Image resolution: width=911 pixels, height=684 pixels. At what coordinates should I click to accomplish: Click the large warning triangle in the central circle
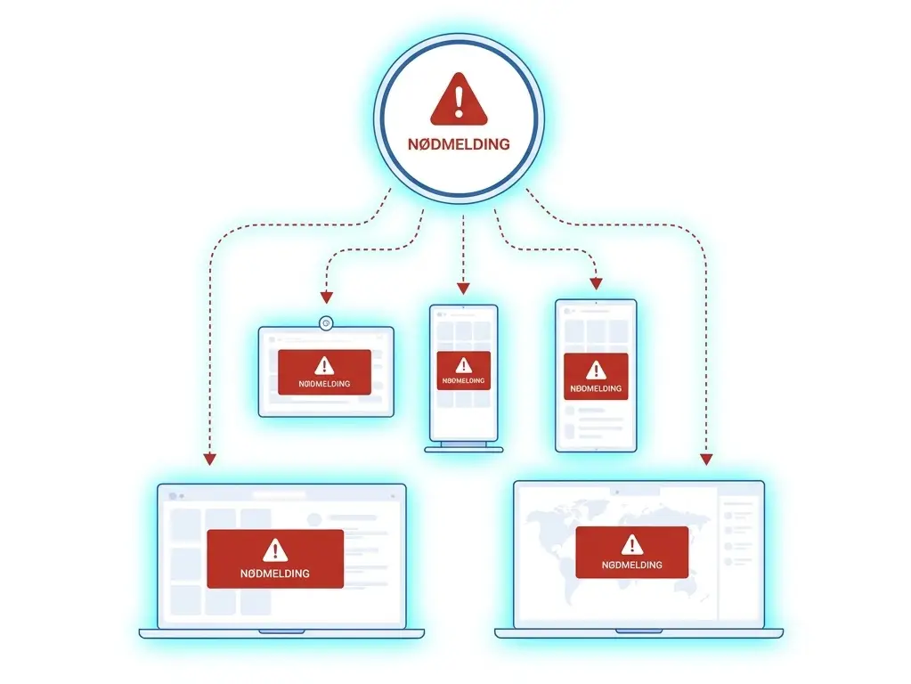pos(459,100)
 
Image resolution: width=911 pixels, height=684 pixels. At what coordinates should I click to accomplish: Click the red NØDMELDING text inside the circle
pos(459,144)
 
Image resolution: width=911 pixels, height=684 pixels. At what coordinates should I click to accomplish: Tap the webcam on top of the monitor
pos(326,323)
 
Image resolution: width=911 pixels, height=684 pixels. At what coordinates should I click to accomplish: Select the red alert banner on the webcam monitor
pos(324,372)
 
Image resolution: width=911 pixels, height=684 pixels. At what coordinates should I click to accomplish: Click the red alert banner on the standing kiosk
pos(464,370)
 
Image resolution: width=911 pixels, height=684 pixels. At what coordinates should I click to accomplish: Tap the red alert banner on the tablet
pos(596,376)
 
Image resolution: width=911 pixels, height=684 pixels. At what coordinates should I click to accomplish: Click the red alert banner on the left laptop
pos(275,558)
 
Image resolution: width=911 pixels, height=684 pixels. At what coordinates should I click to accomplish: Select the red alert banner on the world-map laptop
pos(632,552)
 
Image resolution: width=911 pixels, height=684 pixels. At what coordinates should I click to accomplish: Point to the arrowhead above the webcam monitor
pos(327,297)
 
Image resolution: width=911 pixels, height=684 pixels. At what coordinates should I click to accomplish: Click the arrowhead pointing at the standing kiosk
pos(463,289)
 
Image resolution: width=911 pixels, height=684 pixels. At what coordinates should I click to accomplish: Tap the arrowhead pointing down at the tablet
pos(596,283)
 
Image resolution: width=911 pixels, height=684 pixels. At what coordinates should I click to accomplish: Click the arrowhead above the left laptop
pos(210,459)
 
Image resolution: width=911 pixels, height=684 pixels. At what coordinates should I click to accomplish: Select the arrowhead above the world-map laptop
pos(706,459)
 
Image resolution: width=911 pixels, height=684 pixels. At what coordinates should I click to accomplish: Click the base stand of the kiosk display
pos(464,449)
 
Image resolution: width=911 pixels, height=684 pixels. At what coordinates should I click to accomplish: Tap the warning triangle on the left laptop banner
pos(275,550)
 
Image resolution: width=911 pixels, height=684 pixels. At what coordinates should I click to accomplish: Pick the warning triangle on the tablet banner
pos(596,370)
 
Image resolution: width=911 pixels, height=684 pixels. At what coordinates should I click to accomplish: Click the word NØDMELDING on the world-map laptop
pos(632,565)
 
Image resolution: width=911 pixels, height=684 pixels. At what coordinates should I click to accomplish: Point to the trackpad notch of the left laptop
pos(281,631)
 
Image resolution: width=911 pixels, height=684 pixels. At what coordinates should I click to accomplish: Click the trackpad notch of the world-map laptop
pos(639,631)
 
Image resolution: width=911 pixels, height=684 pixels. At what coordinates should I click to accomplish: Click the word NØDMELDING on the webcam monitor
pos(324,384)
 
